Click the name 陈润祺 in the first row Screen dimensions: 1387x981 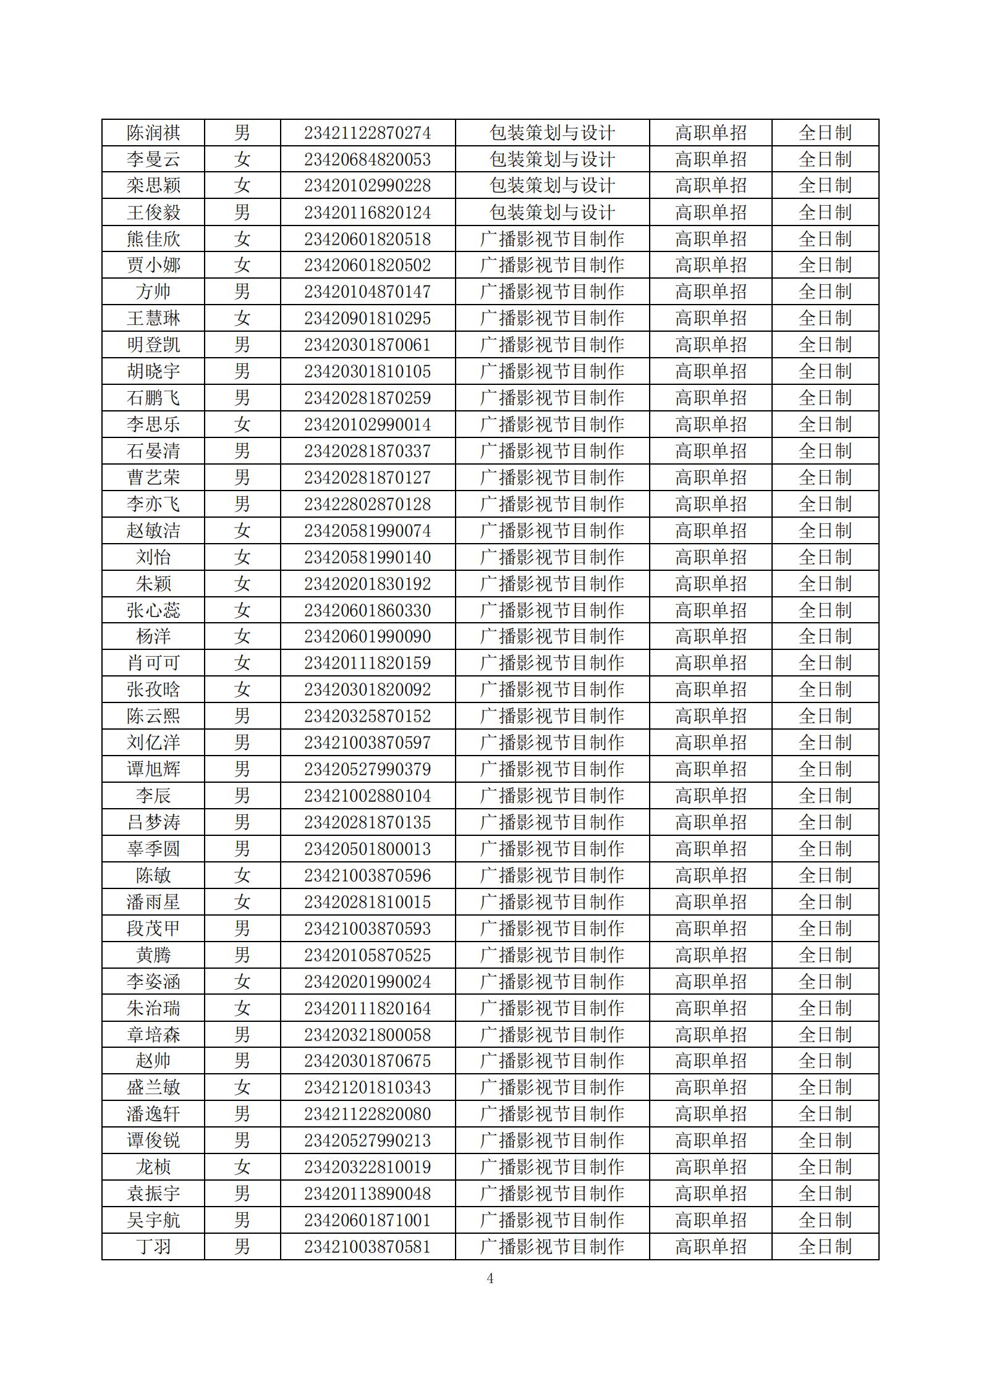pyautogui.click(x=153, y=133)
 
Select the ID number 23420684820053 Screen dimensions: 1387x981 pyautogui.click(x=367, y=159)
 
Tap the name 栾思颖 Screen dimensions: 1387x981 pyautogui.click(x=153, y=186)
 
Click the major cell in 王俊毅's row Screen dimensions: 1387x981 pyautogui.click(x=552, y=213)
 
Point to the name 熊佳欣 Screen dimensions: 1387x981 pyautogui.click(x=153, y=239)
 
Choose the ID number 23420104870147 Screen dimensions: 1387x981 pyautogui.click(x=367, y=292)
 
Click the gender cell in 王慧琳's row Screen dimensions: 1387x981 pyautogui.click(x=242, y=318)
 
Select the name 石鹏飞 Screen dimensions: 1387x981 pyautogui.click(x=153, y=398)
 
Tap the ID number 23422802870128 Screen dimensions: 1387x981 pyautogui.click(x=367, y=504)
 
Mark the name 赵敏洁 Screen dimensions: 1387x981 pyautogui.click(x=153, y=531)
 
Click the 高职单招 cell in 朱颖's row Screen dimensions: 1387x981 pyautogui.click(x=710, y=584)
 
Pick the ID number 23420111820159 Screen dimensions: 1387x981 pyautogui.click(x=367, y=663)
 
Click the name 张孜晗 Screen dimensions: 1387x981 pyautogui.click(x=153, y=689)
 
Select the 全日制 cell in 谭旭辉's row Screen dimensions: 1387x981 pyautogui.click(x=825, y=769)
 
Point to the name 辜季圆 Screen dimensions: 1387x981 pyautogui.click(x=153, y=849)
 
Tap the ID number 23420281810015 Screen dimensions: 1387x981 pyautogui.click(x=367, y=902)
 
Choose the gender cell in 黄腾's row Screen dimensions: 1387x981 pyautogui.click(x=242, y=955)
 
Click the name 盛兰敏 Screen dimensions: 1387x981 pyautogui.click(x=153, y=1087)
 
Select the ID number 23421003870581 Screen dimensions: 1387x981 pyautogui.click(x=367, y=1247)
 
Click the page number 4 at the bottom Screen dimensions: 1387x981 pyautogui.click(x=490, y=1278)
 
